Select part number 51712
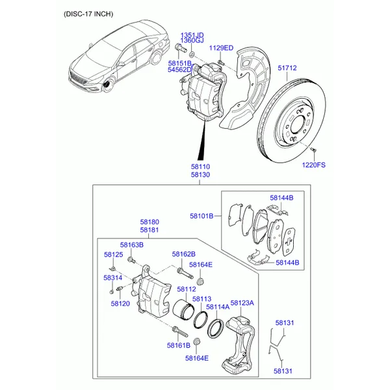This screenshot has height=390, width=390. click(x=287, y=68)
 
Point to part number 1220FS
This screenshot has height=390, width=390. click(x=313, y=165)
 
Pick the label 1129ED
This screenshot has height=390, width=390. click(x=220, y=48)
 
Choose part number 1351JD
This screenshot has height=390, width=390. click(x=192, y=34)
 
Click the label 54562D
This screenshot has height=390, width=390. click(x=180, y=70)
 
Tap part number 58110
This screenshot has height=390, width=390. click(x=200, y=166)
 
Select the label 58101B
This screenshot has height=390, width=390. click(x=201, y=216)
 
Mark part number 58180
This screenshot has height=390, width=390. click(x=149, y=222)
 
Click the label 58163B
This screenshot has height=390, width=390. click(x=132, y=244)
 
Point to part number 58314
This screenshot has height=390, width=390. click(x=112, y=278)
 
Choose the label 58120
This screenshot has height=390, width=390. click(x=120, y=304)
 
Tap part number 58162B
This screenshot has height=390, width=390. click(x=183, y=253)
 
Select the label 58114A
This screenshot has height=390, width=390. click(x=217, y=307)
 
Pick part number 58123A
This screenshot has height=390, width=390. click(x=242, y=303)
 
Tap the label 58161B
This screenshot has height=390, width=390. click(x=179, y=345)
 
